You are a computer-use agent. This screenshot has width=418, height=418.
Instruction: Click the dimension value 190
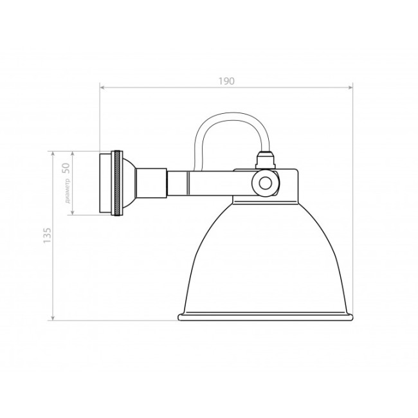226,81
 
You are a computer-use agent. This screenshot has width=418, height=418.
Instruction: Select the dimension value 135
46,236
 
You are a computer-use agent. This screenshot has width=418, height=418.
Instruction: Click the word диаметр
68,191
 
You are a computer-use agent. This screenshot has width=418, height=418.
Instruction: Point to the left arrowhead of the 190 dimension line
102,87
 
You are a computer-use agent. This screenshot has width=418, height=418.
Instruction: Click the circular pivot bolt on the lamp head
264,183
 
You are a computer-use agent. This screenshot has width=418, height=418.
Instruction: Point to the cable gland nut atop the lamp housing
265,158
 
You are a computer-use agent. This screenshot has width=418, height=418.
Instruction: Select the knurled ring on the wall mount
117,183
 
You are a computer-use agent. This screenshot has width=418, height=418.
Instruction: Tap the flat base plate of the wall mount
105,183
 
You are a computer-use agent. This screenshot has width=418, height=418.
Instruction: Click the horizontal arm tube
186,183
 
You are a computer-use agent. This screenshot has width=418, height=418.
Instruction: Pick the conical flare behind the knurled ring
129,183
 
